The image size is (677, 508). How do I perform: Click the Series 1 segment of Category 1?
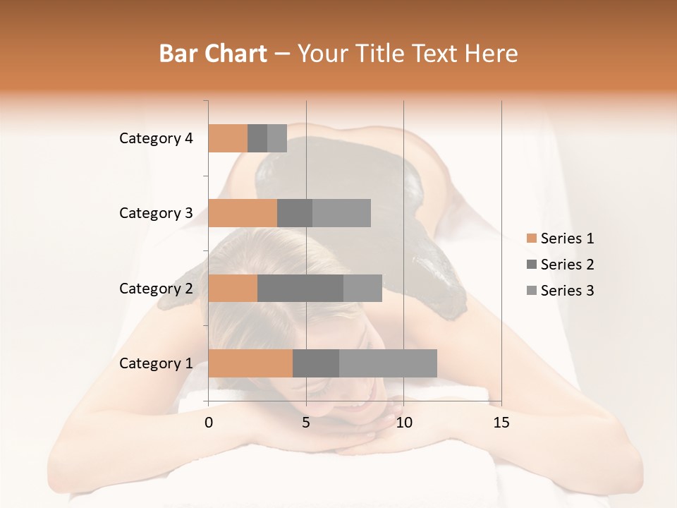[x=250, y=363]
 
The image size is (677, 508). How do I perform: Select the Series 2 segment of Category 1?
[x=316, y=363]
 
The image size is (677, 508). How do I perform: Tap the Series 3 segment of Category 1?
[x=388, y=363]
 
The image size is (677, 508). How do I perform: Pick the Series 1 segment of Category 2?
[x=233, y=288]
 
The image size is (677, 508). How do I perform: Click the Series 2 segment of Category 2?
[x=300, y=288]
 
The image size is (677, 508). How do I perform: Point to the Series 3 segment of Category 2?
[x=362, y=288]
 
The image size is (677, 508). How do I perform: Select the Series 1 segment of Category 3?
[x=243, y=213]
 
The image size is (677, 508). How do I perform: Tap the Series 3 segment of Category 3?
[x=341, y=213]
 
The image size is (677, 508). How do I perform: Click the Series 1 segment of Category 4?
[x=228, y=138]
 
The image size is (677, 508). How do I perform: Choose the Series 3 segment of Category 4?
[x=277, y=138]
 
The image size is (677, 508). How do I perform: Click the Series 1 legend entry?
[x=560, y=238]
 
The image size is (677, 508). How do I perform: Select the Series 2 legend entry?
[x=560, y=265]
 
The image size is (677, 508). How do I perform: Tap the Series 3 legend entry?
[x=560, y=291]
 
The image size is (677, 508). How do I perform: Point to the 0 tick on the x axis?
[x=209, y=423]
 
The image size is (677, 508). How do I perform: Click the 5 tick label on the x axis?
[x=306, y=423]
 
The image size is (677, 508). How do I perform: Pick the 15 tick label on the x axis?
[x=501, y=423]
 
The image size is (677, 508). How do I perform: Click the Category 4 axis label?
[x=156, y=138]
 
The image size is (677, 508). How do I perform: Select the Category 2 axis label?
[x=156, y=288]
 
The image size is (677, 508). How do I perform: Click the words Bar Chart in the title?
[x=213, y=54]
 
